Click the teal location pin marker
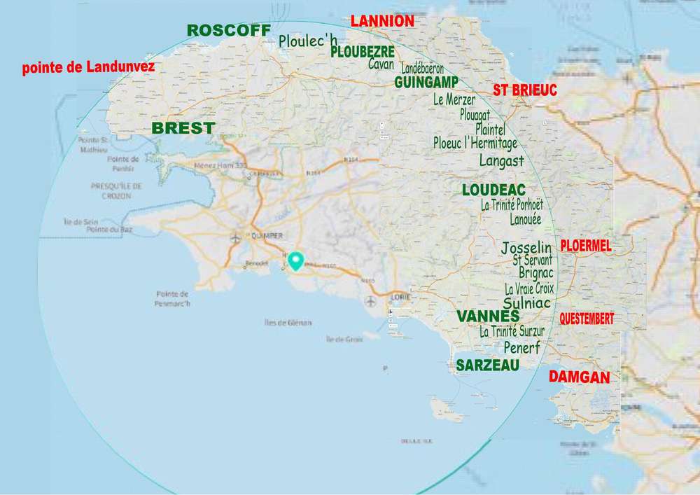[296, 260]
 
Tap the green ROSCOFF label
[228, 30]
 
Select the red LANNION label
[382, 21]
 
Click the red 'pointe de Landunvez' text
[88, 68]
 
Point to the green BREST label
[183, 128]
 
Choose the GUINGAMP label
[426, 82]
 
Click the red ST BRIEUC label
[525, 90]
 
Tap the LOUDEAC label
[493, 190]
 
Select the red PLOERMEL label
[586, 246]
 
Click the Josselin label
[526, 248]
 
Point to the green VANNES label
[487, 316]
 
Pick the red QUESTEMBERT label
[587, 319]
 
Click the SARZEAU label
[487, 365]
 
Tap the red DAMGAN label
[579, 377]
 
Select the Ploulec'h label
[308, 41]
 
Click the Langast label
[501, 160]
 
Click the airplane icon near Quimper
[235, 239]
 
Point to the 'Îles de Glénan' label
[288, 323]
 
